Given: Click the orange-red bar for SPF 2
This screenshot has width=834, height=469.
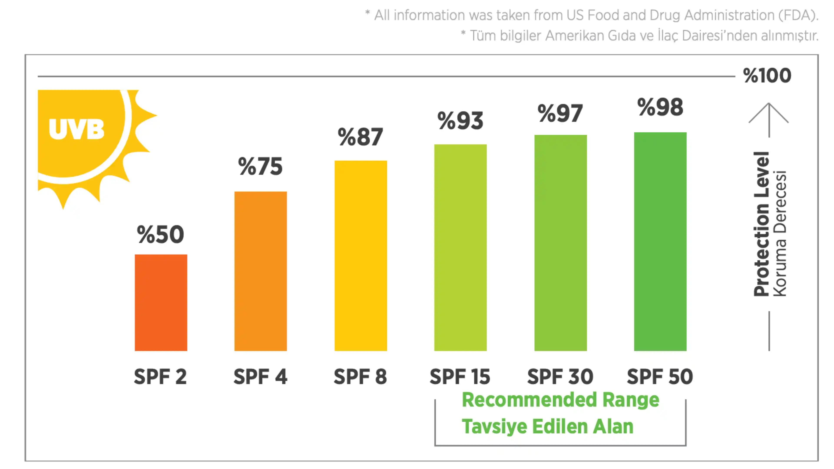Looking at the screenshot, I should tap(161, 303).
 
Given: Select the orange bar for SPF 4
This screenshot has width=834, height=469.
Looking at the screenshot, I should tap(261, 271).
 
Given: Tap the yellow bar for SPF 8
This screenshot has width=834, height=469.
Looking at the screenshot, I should tap(361, 256).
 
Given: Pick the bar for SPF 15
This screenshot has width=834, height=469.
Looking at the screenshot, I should tap(460, 248).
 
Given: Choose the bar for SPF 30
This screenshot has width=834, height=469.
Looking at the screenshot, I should tap(560, 243).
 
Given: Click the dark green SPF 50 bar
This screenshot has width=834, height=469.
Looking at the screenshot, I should tap(660, 241).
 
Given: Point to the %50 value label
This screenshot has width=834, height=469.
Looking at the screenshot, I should tap(161, 234).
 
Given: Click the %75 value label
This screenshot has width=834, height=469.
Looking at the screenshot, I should tap(260, 166).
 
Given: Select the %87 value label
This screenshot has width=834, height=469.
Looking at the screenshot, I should tap(360, 137).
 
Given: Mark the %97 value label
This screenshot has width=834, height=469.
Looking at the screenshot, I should tap(560, 114).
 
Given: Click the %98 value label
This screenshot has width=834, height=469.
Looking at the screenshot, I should tap(660, 107).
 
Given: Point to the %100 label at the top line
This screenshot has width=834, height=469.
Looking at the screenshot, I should tap(767, 76).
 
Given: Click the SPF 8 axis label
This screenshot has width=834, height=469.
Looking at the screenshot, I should tap(360, 377).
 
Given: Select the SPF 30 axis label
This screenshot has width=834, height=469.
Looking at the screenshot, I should tap(560, 377).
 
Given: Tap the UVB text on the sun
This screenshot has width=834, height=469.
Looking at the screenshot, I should tap(76, 129).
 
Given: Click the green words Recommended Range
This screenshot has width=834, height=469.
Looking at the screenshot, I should tap(560, 400).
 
